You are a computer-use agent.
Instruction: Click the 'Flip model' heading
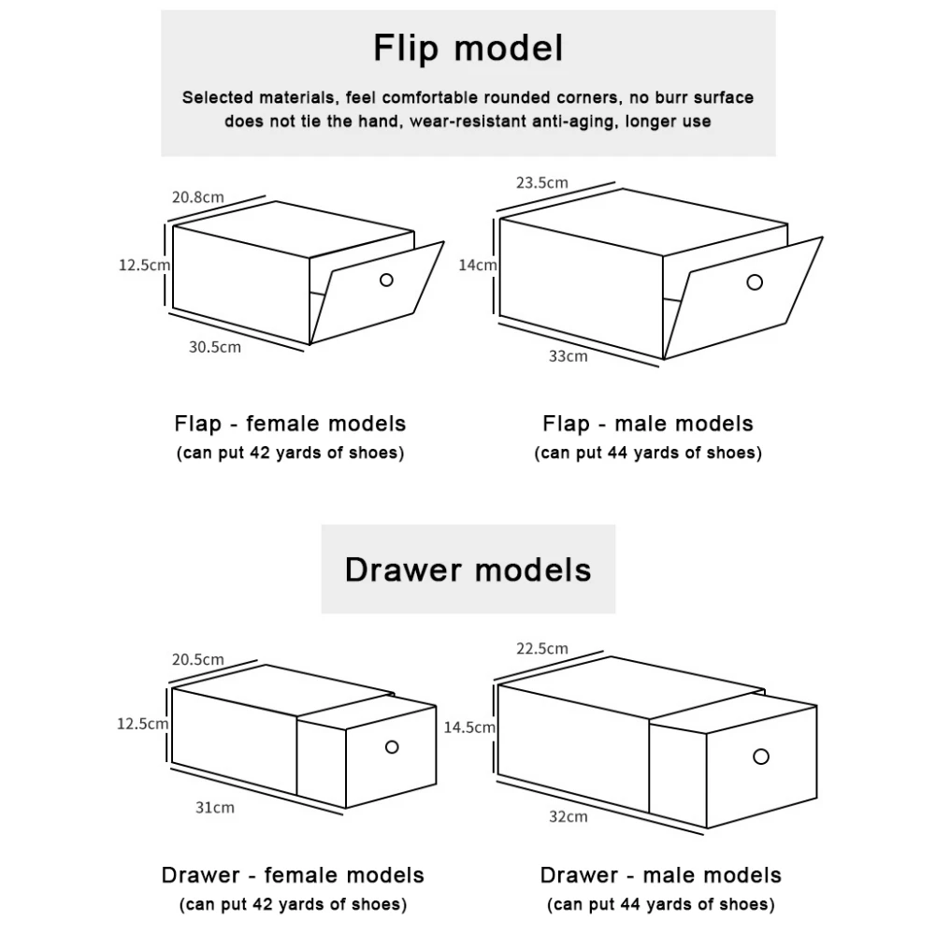click(x=468, y=48)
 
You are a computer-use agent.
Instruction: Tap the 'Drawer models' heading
click(x=468, y=569)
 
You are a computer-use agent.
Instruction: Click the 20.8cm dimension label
click(x=197, y=197)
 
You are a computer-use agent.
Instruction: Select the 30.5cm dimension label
click(x=215, y=347)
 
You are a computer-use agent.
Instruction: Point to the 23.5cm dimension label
click(x=541, y=182)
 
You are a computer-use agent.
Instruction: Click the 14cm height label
click(x=477, y=265)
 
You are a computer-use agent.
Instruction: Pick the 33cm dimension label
click(x=569, y=355)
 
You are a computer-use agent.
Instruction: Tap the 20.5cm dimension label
click(x=197, y=659)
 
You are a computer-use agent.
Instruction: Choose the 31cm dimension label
click(x=215, y=807)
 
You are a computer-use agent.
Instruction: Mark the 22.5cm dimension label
click(x=541, y=648)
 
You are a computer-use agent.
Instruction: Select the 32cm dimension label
click(x=569, y=816)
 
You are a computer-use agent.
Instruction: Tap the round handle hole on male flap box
click(x=755, y=281)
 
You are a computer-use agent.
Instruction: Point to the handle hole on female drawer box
click(x=392, y=746)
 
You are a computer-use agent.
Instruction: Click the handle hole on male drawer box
click(x=761, y=755)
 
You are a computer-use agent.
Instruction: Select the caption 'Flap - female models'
click(x=290, y=424)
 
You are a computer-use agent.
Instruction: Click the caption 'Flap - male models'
click(x=647, y=424)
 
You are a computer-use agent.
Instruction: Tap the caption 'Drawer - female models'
click(x=293, y=875)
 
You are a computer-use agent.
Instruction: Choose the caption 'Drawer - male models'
click(x=660, y=875)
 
